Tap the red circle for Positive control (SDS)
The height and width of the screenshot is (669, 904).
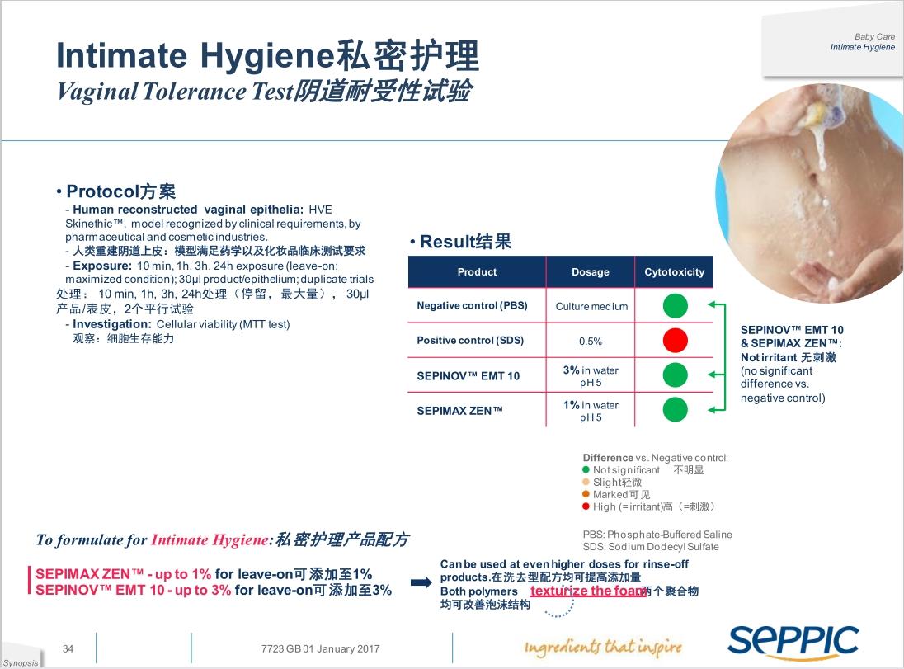[x=675, y=340]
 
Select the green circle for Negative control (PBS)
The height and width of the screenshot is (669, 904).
[x=675, y=306]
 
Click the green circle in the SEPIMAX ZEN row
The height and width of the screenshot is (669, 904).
[x=675, y=409]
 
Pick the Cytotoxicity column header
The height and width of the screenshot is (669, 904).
[x=674, y=272]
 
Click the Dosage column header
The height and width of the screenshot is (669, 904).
[x=590, y=272]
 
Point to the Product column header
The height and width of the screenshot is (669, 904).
[x=477, y=272]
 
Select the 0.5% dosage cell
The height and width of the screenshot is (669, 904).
[x=590, y=341]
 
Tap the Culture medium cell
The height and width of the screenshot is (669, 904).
[x=591, y=306]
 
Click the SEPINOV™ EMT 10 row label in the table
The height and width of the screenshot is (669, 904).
[x=468, y=375]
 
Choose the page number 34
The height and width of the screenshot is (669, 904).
[x=68, y=649]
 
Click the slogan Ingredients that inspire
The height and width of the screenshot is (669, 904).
[x=603, y=647]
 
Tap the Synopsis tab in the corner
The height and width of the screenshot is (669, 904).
[x=20, y=662]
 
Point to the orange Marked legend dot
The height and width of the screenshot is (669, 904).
[x=586, y=494]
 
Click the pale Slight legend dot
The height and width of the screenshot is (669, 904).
[x=586, y=482]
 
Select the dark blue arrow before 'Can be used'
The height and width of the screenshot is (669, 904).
[x=421, y=583]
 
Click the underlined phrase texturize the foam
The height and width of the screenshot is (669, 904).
[x=586, y=591]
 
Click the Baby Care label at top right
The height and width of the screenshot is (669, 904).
[x=874, y=37]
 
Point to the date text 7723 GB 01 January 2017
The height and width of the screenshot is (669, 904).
[x=320, y=649]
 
